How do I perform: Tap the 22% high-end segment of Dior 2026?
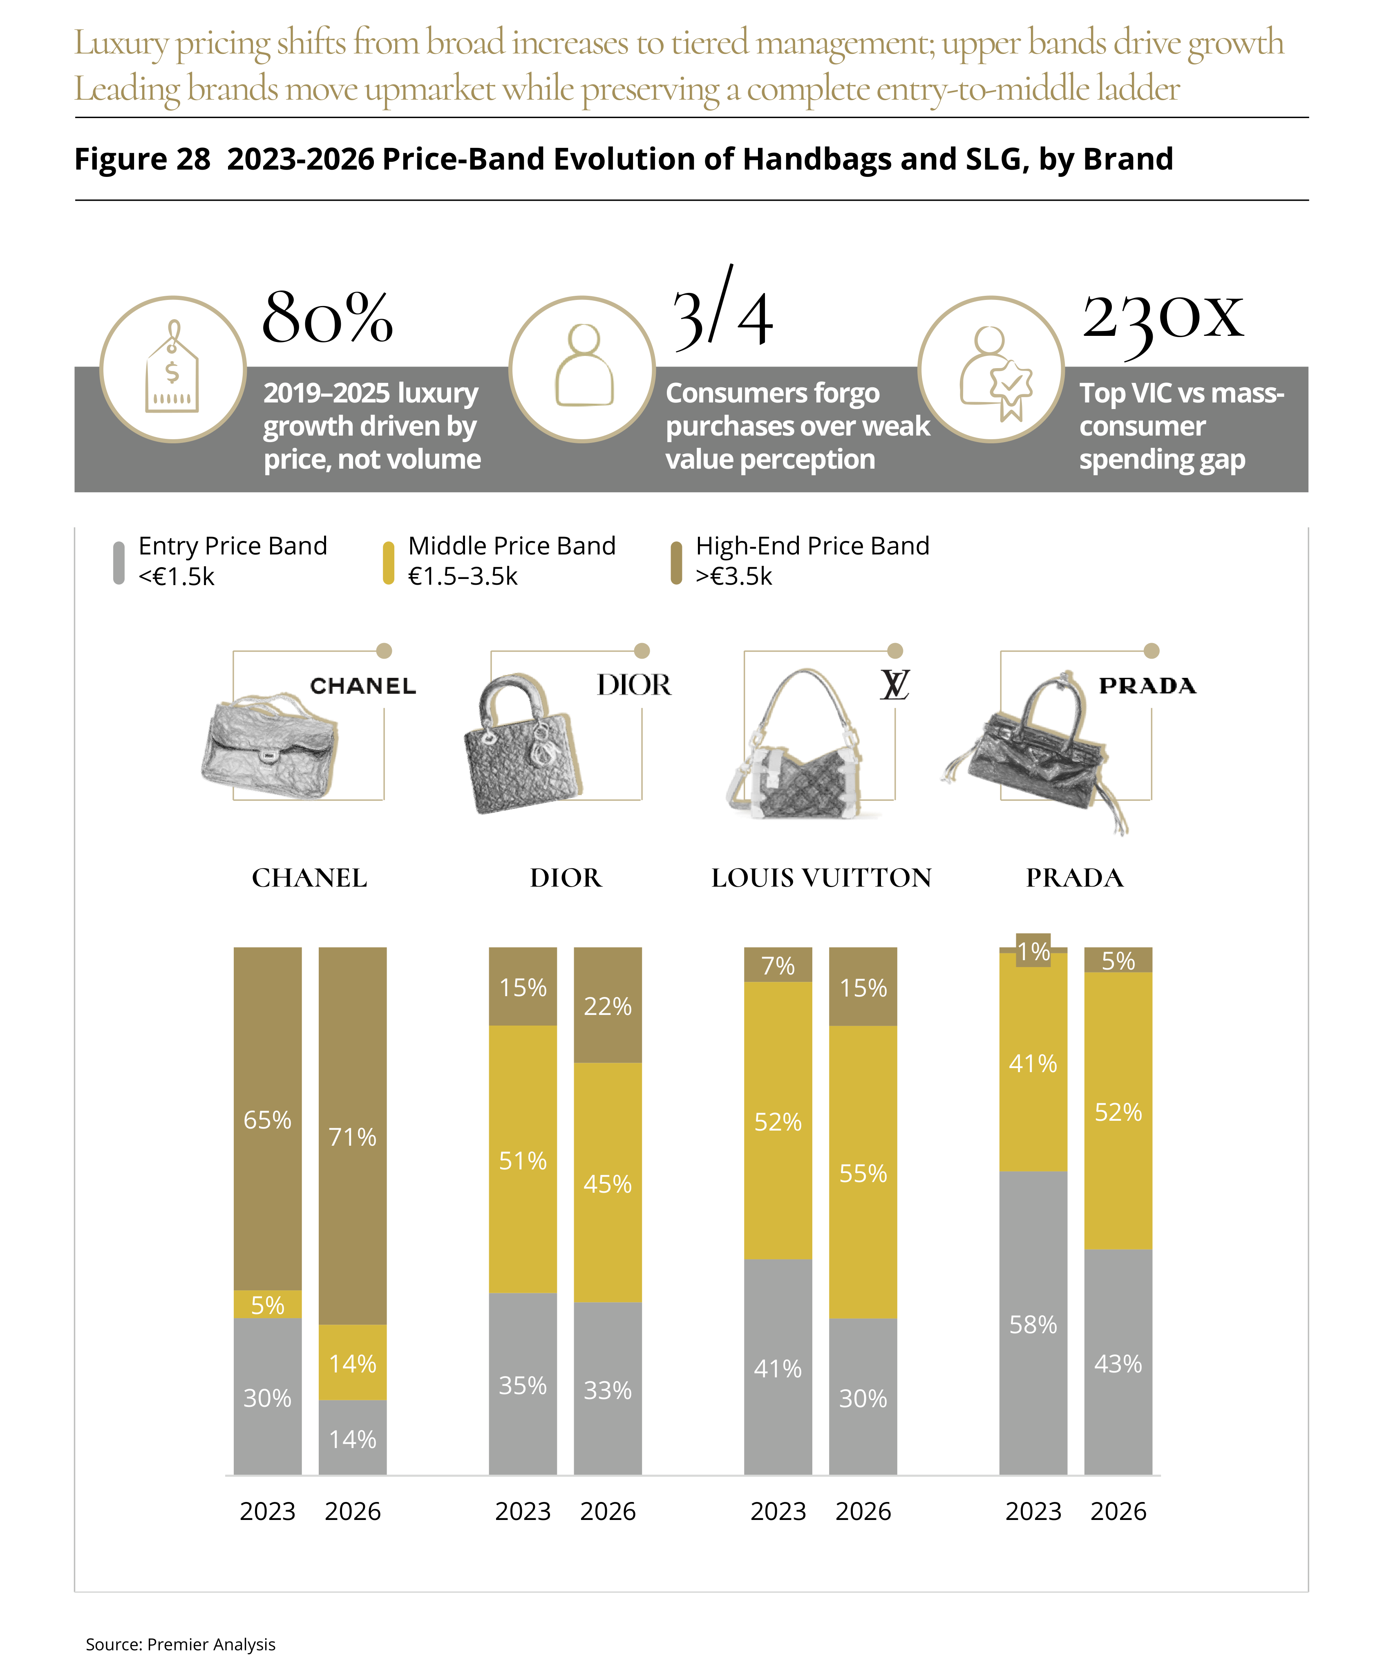608,1005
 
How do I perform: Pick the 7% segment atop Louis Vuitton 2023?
778,965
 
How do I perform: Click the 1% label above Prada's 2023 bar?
1033,951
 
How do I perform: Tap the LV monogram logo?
894,685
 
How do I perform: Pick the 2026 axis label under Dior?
608,1511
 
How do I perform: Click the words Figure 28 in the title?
142,159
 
